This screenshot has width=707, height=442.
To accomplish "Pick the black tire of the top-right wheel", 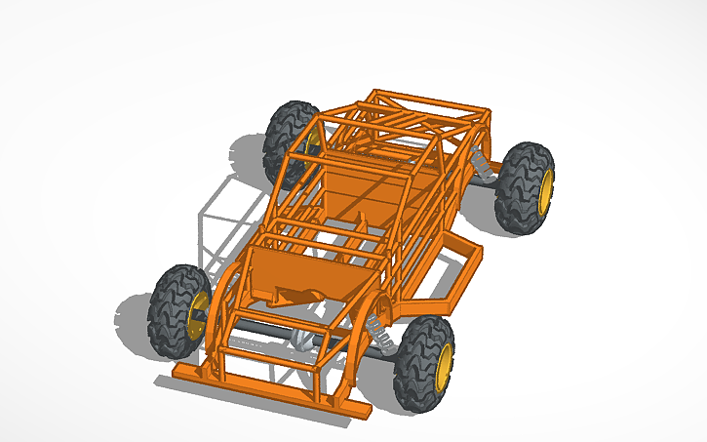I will tap(520, 187).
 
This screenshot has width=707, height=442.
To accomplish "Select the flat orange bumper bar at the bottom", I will tap(263, 393).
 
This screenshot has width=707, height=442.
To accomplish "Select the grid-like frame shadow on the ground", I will tap(229, 215).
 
